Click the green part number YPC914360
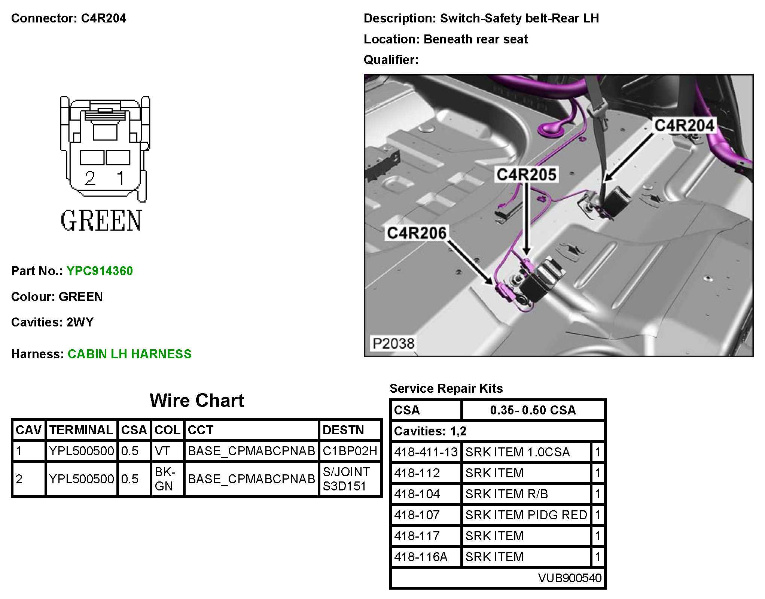click(99, 271)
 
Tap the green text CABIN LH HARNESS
click(129, 354)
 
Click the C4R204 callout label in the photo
click(684, 125)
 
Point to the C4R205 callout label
click(526, 174)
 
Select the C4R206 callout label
click(417, 233)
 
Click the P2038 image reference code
click(393, 343)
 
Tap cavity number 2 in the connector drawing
click(90, 178)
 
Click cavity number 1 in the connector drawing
click(120, 178)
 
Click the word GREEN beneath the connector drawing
click(101, 221)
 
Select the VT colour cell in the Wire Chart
click(163, 451)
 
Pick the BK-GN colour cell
click(164, 479)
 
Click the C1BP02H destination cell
click(350, 451)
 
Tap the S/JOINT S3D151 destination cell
click(346, 479)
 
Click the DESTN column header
click(343, 430)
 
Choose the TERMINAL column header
click(81, 430)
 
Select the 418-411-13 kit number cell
click(426, 452)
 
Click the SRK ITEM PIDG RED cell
click(526, 515)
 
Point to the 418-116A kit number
click(421, 557)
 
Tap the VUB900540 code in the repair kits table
click(569, 578)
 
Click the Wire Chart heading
click(197, 401)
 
